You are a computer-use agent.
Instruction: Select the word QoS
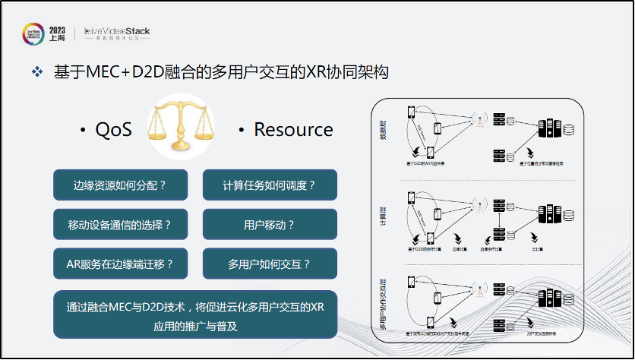[x=113, y=130]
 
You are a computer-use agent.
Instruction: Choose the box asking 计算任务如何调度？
[x=270, y=185]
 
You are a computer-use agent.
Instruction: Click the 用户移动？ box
[x=270, y=225]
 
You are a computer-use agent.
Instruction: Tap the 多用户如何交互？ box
[x=270, y=264]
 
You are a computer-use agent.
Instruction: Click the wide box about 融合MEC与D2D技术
[x=195, y=314]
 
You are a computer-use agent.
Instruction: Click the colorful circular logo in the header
[x=33, y=34]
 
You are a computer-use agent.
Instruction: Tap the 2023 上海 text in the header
[x=57, y=33]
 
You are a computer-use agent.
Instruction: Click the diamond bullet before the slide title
[x=36, y=72]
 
